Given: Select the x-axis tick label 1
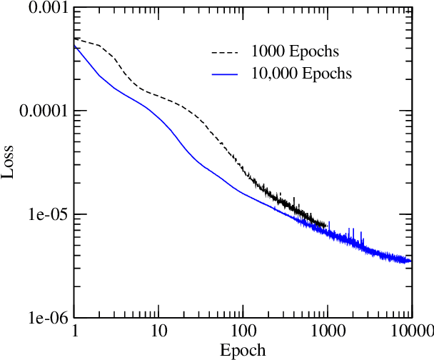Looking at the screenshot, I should (x=75, y=331).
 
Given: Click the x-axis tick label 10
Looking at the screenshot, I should (x=158, y=331).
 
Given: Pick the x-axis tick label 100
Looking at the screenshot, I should (x=243, y=331).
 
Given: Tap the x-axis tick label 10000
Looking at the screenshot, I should (x=411, y=331).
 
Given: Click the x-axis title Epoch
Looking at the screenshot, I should (x=243, y=350).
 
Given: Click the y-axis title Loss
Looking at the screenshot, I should (x=9, y=163).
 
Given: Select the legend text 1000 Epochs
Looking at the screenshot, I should (x=294, y=52).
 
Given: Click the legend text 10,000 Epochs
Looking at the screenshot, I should (x=301, y=74).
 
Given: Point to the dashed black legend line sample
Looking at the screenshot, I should (x=224, y=52).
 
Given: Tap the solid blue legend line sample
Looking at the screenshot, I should (x=224, y=74).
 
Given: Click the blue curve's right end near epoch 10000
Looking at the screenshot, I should (x=410, y=260).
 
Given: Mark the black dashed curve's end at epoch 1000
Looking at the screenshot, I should (x=326, y=226).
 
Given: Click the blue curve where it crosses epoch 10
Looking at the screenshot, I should (x=158, y=116).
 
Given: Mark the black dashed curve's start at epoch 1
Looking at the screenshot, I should (x=75, y=39).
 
